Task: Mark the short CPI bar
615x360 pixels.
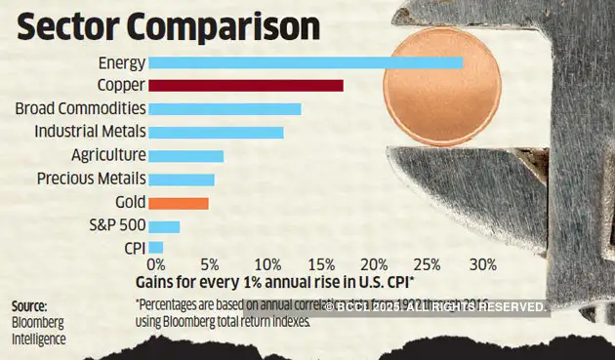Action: (x=155, y=248)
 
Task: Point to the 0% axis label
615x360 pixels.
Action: (x=155, y=264)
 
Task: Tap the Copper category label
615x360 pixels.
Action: (x=121, y=86)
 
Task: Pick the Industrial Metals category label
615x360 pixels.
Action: (x=90, y=132)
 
